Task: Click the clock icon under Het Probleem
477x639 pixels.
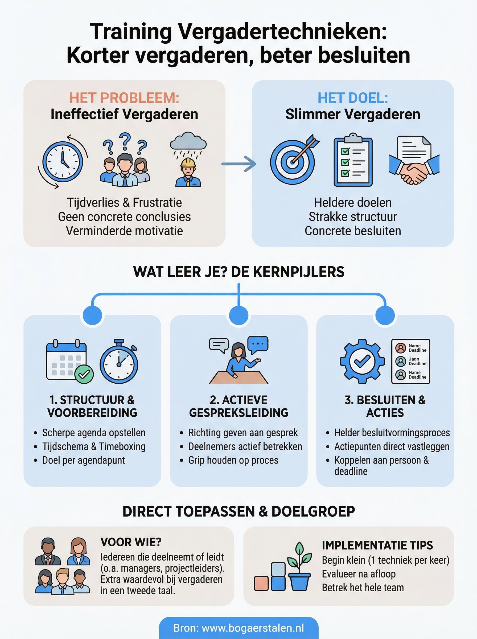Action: click(x=63, y=162)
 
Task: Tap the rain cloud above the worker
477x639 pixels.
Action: click(x=188, y=141)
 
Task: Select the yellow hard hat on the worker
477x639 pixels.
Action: click(x=188, y=163)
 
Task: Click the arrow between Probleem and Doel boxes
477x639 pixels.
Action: click(x=238, y=164)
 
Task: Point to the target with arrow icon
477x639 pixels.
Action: click(x=293, y=162)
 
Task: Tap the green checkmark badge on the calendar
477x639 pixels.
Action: click(x=84, y=374)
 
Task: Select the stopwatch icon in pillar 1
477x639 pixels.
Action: click(x=119, y=362)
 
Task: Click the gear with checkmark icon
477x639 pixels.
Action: click(x=362, y=361)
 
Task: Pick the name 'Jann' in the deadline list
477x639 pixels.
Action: click(x=414, y=359)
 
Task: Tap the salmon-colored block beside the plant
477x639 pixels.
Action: click(x=261, y=583)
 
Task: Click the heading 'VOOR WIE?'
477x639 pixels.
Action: click(x=131, y=542)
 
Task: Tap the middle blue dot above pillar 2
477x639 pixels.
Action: click(x=238, y=315)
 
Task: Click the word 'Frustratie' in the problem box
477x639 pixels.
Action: click(x=157, y=203)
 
